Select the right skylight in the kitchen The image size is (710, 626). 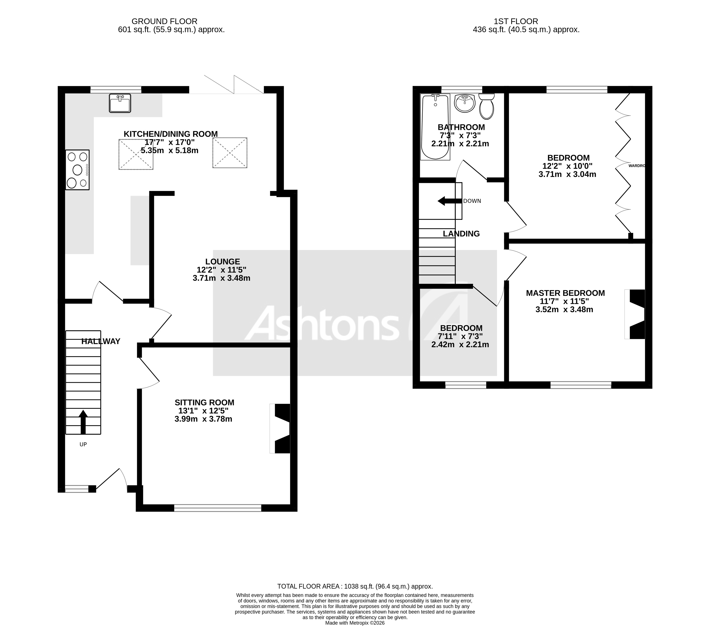(230, 153)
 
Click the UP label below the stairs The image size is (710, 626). (83, 444)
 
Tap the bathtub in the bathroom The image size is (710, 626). (435, 127)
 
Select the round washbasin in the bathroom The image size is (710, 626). (464, 103)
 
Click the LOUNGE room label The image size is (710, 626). (222, 262)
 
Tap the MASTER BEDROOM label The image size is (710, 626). (565, 293)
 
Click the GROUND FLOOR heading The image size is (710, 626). (164, 21)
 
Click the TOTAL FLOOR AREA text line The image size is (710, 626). (355, 586)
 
